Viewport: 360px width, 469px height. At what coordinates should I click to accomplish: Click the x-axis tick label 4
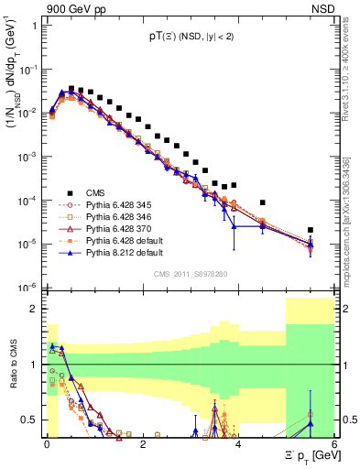point(238,443)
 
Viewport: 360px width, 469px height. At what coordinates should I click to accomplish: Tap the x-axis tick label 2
point(143,443)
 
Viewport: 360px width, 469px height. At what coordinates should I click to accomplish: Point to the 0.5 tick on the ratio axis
point(30,420)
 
